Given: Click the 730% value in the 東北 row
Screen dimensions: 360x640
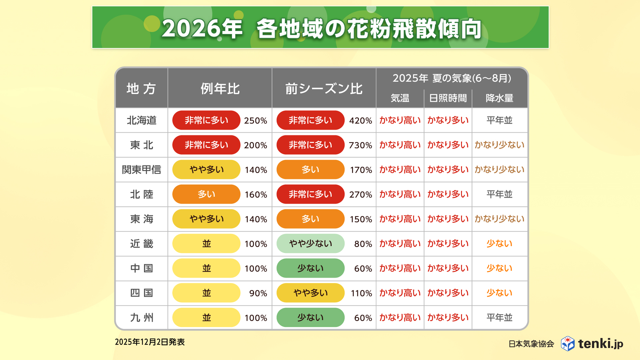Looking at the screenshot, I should click(360, 145).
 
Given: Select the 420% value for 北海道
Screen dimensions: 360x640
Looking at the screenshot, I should click(360, 121).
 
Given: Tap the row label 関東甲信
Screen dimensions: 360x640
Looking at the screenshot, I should click(141, 170).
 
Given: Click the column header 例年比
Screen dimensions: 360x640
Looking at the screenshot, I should click(220, 89).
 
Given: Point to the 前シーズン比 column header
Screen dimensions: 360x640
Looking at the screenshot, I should click(324, 89).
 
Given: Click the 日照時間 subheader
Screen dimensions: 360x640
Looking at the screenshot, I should click(448, 98).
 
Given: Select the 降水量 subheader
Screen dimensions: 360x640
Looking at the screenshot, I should click(499, 98).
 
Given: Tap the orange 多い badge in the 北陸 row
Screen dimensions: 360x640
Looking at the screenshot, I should click(206, 194).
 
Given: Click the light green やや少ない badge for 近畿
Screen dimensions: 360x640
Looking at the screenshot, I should click(310, 244).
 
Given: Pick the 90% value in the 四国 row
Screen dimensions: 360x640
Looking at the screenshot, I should click(258, 293).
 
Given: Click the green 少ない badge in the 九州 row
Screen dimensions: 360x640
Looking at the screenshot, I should click(310, 318).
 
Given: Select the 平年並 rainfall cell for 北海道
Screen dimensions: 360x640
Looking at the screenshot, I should click(499, 120).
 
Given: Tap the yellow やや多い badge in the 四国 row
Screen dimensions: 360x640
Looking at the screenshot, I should click(310, 293).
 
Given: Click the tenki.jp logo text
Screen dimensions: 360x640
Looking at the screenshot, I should click(600, 344).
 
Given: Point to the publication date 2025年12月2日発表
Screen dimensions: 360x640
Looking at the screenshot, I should click(150, 342).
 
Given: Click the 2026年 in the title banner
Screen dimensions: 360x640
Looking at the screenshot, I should click(202, 28).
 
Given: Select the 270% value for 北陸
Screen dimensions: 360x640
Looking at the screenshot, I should click(360, 195).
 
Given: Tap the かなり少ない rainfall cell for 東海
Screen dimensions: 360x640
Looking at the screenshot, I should click(499, 219).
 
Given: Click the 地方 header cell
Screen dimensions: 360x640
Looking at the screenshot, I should click(141, 89).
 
